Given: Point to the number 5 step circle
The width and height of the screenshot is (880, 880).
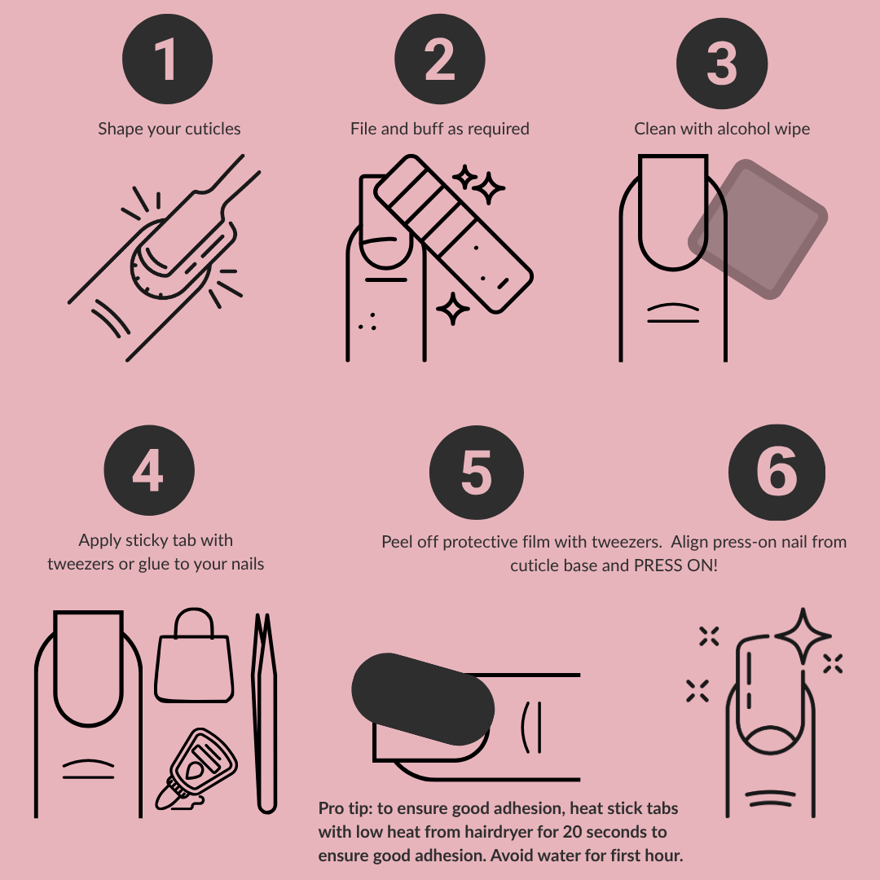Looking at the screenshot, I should (x=476, y=472).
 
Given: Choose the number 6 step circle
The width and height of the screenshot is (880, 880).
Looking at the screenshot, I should (x=777, y=472).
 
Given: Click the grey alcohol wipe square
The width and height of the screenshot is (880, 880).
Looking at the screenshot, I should (x=758, y=229).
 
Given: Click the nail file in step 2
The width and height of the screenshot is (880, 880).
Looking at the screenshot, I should (x=452, y=231).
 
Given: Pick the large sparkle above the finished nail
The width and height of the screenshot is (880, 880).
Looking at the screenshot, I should (x=803, y=636).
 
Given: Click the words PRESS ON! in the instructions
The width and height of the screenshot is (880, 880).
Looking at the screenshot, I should (x=676, y=565).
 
